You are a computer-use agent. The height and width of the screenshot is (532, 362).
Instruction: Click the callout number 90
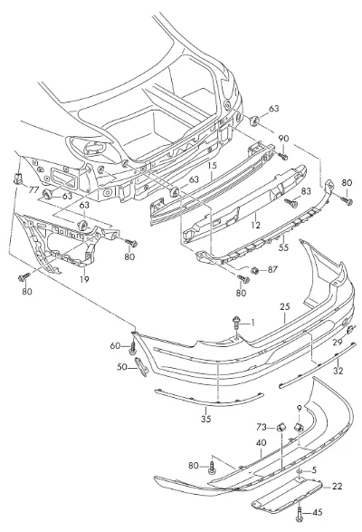coord(283,139)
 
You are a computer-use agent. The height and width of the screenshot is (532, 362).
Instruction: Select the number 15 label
coord(212,166)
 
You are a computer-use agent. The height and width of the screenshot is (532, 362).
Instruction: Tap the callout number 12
coord(256,225)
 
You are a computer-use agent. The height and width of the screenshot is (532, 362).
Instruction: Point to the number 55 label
coord(283,247)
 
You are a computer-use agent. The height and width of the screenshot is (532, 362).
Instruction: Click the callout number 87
coord(272,269)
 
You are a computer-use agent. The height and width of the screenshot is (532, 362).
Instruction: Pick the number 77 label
coord(33,190)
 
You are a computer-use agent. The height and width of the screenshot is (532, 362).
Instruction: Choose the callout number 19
coord(84,279)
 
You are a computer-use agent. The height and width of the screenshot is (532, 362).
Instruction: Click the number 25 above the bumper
coord(285,306)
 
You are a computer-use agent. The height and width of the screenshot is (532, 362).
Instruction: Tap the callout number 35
coord(205,419)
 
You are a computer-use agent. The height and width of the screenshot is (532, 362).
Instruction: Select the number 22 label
coord(338,486)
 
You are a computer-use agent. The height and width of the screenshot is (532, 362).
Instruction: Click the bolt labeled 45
coord(300,513)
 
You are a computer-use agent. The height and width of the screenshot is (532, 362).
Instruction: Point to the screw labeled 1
coord(236,323)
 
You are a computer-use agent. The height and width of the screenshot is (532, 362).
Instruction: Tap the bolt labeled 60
coord(133,348)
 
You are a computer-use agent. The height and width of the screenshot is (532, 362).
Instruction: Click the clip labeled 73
coord(281,427)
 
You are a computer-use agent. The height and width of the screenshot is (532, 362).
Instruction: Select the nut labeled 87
coord(255,270)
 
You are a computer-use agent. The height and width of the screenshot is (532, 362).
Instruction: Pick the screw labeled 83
coord(291,202)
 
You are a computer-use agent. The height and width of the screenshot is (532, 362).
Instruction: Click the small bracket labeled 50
coord(141,367)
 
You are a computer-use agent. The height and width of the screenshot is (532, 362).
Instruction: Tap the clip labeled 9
coord(298,426)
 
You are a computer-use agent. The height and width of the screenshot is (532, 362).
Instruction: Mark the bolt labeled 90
coord(282,156)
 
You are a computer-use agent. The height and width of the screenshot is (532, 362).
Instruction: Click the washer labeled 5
coord(300,471)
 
